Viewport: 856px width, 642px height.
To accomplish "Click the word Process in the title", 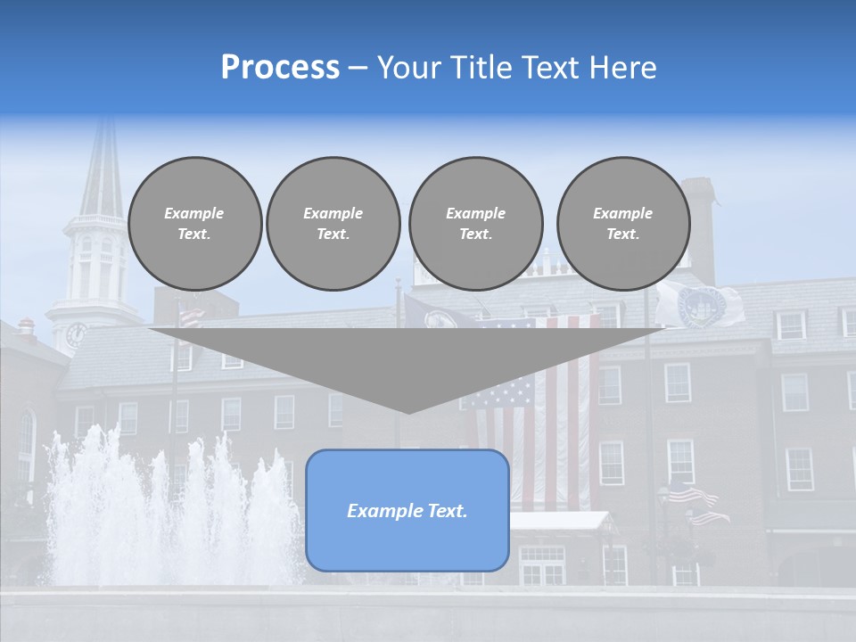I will (280, 68).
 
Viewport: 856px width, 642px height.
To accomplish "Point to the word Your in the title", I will (407, 68).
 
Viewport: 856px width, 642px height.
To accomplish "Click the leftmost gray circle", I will (194, 224).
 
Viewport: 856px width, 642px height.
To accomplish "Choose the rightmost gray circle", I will (623, 224).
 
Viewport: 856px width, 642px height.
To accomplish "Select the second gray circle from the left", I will (333, 224).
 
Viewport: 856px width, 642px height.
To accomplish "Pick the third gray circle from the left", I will (476, 224).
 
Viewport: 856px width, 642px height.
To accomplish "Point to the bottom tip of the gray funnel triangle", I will (408, 411).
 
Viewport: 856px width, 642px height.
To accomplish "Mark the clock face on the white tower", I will (75, 335).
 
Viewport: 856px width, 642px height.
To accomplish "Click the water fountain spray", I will (169, 508).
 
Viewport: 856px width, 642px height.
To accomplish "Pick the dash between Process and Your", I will (358, 68).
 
